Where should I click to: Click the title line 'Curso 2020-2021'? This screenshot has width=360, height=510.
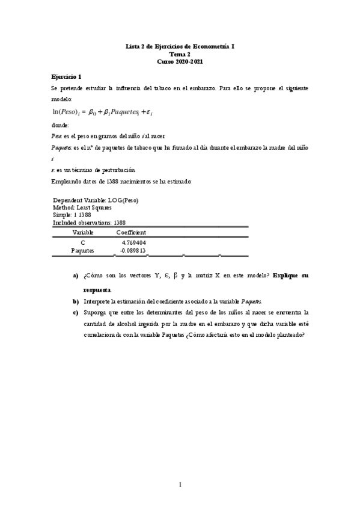click(x=180, y=62)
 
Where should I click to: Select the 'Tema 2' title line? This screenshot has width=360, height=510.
click(x=180, y=54)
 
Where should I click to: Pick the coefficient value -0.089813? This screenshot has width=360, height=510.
click(x=133, y=250)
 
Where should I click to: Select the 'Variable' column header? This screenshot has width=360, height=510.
click(x=83, y=232)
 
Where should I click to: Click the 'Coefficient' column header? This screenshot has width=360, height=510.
click(x=131, y=232)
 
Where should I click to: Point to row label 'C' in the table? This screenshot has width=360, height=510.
click(x=83, y=242)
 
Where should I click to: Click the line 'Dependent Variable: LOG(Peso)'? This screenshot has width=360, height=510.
click(x=99, y=200)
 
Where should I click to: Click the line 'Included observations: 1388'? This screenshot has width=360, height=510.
click(x=89, y=221)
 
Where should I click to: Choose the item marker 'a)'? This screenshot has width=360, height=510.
click(x=76, y=275)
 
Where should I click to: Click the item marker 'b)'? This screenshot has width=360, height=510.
click(x=76, y=301)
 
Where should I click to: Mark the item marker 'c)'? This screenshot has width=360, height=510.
click(x=76, y=312)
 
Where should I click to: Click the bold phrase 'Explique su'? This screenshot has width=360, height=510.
click(x=290, y=275)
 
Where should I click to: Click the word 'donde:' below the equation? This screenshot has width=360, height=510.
click(x=61, y=125)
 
